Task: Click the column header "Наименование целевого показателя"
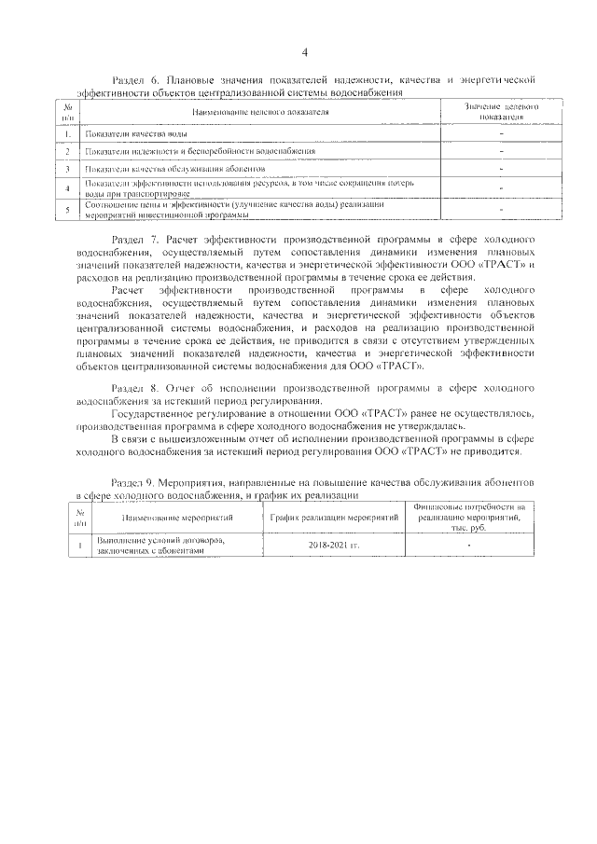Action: point(261,112)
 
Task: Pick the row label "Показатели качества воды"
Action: point(127,134)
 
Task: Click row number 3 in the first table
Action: point(68,169)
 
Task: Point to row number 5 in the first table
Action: point(68,209)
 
